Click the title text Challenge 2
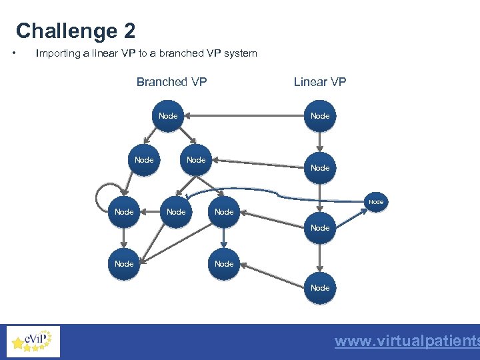coord(75,31)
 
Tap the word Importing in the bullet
coord(58,53)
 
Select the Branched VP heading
coord(171,82)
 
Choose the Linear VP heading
coord(320,82)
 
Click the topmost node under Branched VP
coord(168,116)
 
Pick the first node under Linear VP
coord(320,116)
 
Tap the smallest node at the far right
coord(376,201)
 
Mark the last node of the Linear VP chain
coord(320,288)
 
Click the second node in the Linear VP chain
coord(320,168)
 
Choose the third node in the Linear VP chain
coord(320,228)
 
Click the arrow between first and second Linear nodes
coord(320,141)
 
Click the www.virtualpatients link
coord(407,341)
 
